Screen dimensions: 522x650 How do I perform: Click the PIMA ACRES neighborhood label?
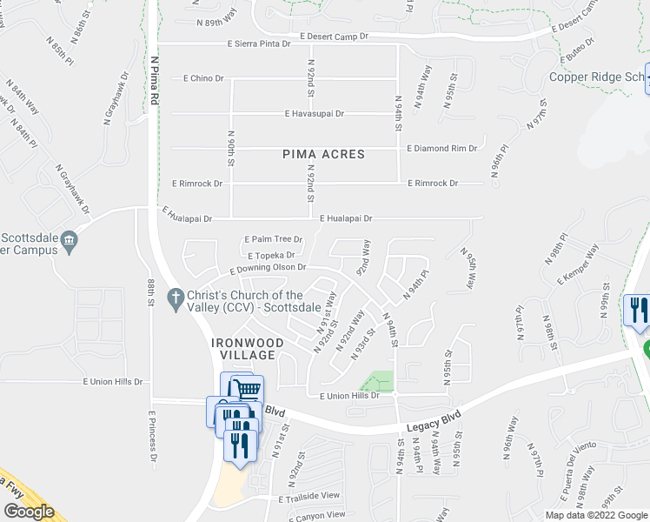tap(323, 154)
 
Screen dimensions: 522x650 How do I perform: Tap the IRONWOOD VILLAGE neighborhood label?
tap(248, 349)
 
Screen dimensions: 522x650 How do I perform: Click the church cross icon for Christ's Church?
tap(175, 297)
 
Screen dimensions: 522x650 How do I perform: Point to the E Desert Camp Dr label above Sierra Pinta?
tap(335, 36)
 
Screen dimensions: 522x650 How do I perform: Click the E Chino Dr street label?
tap(204, 78)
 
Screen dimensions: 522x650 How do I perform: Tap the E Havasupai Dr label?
tap(315, 113)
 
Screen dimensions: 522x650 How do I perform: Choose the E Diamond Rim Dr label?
tap(442, 149)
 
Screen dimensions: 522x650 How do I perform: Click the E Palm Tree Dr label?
tap(274, 238)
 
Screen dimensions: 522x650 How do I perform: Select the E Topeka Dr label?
tap(271, 256)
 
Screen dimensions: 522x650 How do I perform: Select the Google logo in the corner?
tap(29, 512)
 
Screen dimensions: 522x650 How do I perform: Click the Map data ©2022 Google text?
tap(596, 515)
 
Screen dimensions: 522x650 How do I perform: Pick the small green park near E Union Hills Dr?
tap(379, 381)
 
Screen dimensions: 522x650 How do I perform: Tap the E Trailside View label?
tap(308, 496)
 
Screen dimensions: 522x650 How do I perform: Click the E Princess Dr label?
tap(154, 435)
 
